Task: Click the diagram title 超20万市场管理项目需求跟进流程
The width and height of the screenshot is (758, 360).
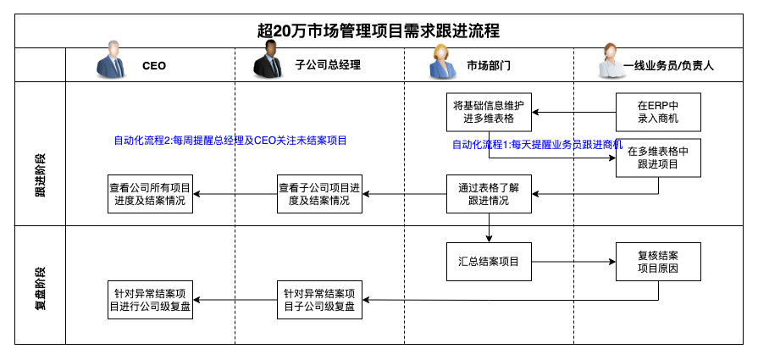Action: point(379,31)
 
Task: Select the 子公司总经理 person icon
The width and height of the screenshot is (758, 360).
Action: point(268,59)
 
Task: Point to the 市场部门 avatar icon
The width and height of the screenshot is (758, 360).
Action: point(443,61)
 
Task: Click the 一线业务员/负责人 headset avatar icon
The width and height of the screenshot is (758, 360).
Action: point(611,61)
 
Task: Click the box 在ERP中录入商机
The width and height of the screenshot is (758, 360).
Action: point(658,112)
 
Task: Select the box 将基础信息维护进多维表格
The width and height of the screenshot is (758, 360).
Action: point(489,112)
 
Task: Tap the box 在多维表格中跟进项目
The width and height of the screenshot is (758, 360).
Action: point(658,158)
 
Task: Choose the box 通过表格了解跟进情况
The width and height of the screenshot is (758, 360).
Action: point(489,194)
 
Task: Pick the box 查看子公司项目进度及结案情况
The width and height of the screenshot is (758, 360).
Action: point(319,194)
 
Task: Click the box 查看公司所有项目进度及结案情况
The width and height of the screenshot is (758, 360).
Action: point(150,194)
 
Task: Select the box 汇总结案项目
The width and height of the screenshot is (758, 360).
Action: point(489,262)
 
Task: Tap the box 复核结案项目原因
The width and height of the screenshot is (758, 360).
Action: point(658,262)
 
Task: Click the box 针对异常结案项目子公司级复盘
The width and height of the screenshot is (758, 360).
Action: point(319,300)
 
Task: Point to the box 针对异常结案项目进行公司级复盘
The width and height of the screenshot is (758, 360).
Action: point(150,300)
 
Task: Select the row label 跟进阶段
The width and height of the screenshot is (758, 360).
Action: point(41,176)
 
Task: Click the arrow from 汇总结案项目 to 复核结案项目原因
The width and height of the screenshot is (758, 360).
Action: point(574,262)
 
